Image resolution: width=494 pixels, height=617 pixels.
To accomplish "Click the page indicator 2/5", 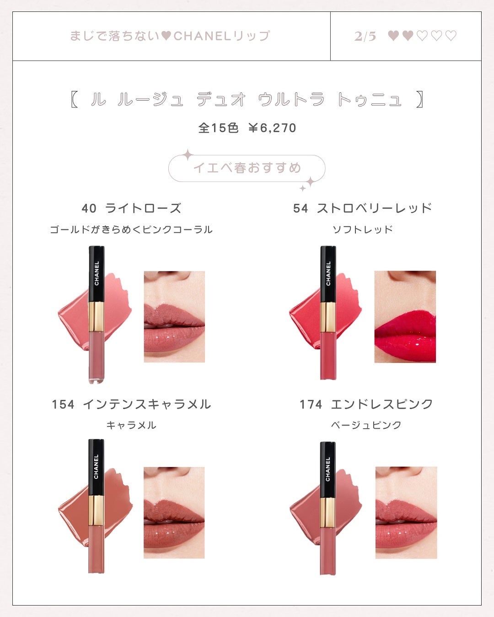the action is coord(365,37).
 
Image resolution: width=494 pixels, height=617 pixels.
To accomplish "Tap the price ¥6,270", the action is coord(272,128).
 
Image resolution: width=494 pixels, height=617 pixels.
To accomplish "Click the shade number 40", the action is coord(89,208).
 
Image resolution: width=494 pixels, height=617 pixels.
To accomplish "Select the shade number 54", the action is coord(301,208).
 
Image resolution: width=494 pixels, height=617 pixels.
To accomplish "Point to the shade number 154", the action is coord(63,404).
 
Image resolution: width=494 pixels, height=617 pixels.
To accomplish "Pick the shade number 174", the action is coord(311,404).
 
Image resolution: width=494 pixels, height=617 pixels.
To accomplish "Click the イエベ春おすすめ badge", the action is coord(247,168).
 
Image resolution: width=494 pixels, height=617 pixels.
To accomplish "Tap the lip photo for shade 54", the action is coord(405,317).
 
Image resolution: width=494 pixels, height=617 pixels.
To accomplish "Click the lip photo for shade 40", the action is coord(174,317).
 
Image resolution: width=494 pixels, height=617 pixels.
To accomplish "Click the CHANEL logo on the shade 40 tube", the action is coord(97,273).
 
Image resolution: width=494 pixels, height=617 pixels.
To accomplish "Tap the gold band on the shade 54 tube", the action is coord(328,317).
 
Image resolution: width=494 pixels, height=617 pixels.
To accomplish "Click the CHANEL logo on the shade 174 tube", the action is coord(328,469).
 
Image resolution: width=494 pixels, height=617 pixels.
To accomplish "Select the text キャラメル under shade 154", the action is coord(131,425).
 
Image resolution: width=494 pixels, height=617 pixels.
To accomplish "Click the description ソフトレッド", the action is coord(363,229).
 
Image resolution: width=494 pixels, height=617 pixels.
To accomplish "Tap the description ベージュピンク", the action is coord(366,425).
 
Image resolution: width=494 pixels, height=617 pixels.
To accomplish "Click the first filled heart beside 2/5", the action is coord(393,36).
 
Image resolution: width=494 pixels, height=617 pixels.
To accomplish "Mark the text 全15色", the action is coord(219,128).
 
